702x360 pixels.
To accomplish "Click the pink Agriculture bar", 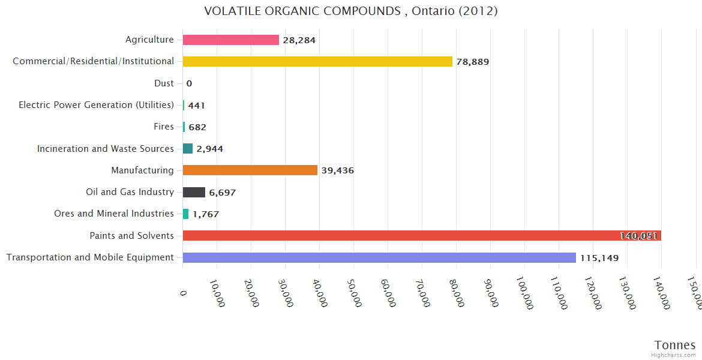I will [x=231, y=40].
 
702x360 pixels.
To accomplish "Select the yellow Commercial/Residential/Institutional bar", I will [x=317, y=61].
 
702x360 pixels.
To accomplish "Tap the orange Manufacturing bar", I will [x=250, y=170].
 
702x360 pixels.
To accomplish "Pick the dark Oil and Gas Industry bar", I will [x=194, y=192].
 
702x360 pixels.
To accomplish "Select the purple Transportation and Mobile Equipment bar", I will [x=379, y=257].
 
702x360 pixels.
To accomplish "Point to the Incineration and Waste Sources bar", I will [x=188, y=148].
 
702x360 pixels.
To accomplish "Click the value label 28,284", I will [x=299, y=40].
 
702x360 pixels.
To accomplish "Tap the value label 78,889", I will [x=472, y=62].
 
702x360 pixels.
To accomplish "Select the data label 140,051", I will [x=639, y=236].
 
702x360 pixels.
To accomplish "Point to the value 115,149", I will [x=599, y=258].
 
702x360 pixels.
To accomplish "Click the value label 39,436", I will [x=337, y=170].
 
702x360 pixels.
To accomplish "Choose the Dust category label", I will [x=164, y=83].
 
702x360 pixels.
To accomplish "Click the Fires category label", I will [x=164, y=127].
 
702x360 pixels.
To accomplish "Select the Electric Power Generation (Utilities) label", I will [x=96, y=105].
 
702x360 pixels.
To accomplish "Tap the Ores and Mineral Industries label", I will [x=114, y=214].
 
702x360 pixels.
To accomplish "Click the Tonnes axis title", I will [x=674, y=345].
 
